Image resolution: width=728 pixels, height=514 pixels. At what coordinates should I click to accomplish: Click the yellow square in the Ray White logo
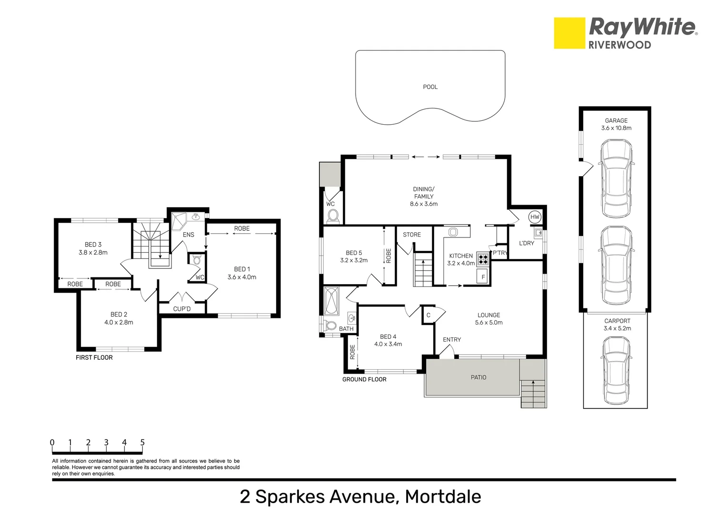click(569, 33)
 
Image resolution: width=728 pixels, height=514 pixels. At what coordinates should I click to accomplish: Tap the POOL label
click(430, 87)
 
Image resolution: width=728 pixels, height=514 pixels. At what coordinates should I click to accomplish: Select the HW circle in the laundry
click(535, 217)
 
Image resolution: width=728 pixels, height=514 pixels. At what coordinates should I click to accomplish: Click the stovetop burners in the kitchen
click(483, 259)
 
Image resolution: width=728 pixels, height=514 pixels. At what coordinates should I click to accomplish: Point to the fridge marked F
click(483, 277)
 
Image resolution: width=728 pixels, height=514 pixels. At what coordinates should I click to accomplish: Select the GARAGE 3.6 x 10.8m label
click(616, 124)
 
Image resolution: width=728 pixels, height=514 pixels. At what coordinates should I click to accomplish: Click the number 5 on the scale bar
click(142, 442)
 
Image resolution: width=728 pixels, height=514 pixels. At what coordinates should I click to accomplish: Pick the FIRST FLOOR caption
click(94, 357)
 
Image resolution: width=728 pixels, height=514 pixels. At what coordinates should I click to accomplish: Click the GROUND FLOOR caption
click(364, 379)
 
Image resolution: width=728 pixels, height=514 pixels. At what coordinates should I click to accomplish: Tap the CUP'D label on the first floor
click(182, 309)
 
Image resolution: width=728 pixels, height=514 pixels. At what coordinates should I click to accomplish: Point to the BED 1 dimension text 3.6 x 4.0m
click(242, 277)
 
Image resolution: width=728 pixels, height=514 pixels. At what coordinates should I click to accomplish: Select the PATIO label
click(479, 377)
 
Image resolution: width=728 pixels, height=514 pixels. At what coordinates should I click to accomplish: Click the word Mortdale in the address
click(443, 496)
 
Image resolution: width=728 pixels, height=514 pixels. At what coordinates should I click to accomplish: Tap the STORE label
click(412, 235)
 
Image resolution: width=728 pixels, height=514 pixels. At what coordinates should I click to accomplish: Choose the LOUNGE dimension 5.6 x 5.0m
click(489, 322)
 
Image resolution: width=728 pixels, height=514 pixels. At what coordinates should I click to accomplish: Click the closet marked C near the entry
click(429, 315)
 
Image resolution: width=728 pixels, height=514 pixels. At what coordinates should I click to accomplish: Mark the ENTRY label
click(452, 339)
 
